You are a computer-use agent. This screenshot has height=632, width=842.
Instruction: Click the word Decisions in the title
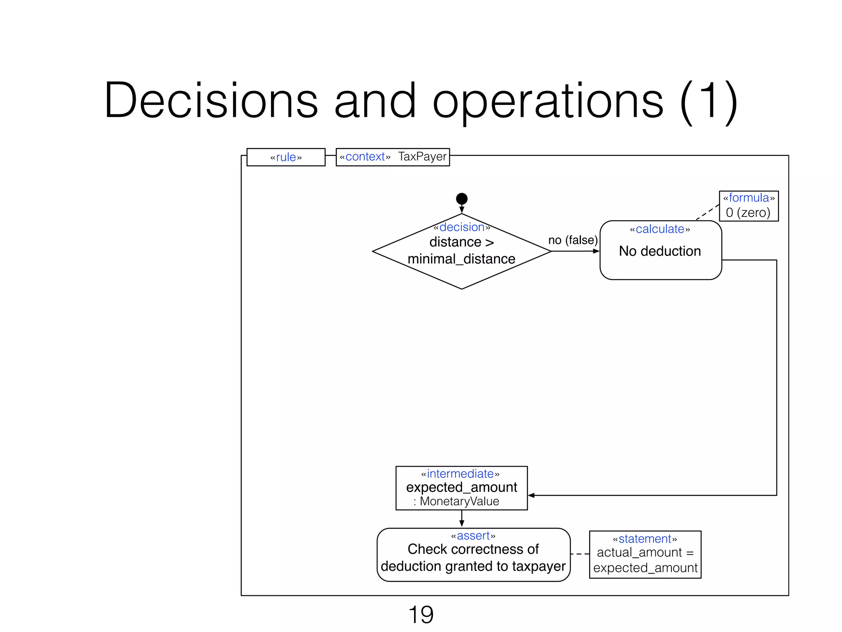211,100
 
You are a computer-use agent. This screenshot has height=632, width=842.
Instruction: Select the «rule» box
286,157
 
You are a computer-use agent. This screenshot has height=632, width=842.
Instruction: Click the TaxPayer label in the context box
422,157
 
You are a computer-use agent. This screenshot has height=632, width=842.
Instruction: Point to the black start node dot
462,199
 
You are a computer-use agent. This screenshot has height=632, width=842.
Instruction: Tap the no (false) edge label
573,240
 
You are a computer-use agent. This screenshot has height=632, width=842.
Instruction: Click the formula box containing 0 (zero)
748,206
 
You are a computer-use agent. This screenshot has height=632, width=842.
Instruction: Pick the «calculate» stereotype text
660,229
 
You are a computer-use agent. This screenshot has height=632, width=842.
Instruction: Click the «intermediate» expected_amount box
461,488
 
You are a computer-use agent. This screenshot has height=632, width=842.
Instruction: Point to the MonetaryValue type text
459,501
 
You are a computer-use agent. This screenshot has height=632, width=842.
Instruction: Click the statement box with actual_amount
645,554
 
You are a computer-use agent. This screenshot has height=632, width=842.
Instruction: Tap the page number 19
421,615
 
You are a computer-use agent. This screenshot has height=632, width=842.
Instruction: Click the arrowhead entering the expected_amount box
531,495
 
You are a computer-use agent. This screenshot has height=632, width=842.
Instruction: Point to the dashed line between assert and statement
580,554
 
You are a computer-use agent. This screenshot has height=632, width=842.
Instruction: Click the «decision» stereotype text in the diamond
462,227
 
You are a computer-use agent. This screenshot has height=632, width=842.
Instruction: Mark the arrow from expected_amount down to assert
462,518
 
